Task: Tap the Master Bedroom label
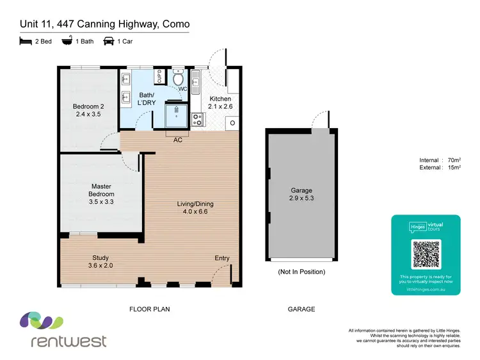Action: coord(102,194)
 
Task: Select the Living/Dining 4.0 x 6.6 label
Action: coord(195,208)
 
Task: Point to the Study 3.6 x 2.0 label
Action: coord(100,261)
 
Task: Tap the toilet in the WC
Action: coord(179,79)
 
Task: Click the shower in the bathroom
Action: coord(177,115)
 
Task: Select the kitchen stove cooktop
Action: coord(198,119)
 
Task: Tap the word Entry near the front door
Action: coord(221,258)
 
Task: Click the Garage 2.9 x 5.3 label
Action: coord(301,194)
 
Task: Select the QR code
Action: coord(426,254)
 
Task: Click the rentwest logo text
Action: coord(68,341)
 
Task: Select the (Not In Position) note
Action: coord(301,272)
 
